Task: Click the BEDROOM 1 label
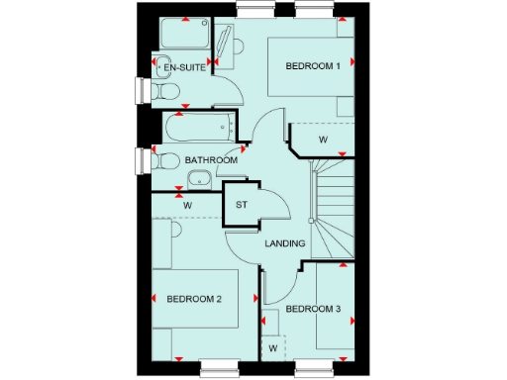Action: tap(313, 66)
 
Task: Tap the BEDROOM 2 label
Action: tap(194, 299)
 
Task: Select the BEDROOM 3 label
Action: tap(313, 310)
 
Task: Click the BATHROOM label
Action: tap(210, 160)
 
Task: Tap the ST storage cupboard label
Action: tap(242, 206)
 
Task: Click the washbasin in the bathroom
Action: tap(199, 179)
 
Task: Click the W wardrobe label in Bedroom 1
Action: tap(322, 140)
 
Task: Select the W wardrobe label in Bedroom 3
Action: tap(272, 348)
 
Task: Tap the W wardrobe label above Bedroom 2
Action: tap(187, 205)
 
